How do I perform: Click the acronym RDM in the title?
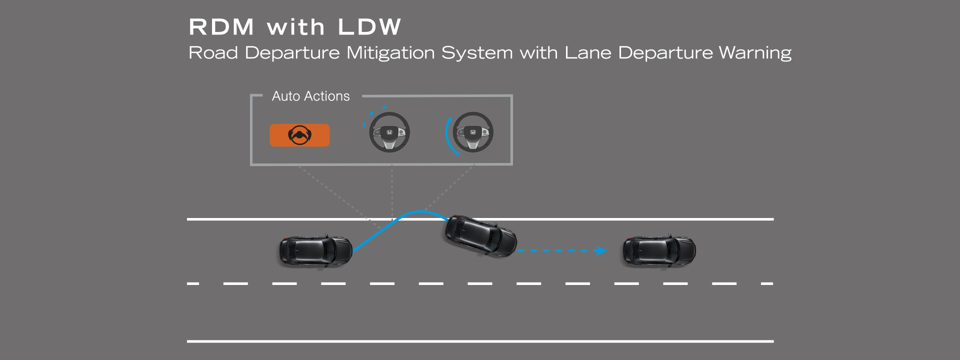tap(221, 27)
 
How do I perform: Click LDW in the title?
tap(369, 27)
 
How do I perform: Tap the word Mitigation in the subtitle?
tap(390, 53)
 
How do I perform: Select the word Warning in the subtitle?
tap(755, 53)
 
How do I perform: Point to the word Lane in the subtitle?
tap(587, 53)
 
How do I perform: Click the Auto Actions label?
tap(310, 96)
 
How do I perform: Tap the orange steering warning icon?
tap(299, 135)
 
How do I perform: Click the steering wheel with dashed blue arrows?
tap(389, 132)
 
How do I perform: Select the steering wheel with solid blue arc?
tap(472, 132)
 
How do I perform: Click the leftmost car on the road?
tap(315, 250)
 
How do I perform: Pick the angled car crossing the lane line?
tap(480, 236)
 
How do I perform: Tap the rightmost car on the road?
tap(659, 250)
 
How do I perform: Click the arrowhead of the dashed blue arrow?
tap(601, 250)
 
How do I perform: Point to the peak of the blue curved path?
tap(421, 212)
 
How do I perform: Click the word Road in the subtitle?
tap(213, 53)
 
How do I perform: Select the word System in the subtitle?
tap(477, 53)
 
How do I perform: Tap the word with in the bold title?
tap(295, 27)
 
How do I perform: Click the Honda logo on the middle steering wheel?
tap(389, 132)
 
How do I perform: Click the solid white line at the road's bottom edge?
tap(480, 341)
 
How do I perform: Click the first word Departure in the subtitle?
tap(292, 53)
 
